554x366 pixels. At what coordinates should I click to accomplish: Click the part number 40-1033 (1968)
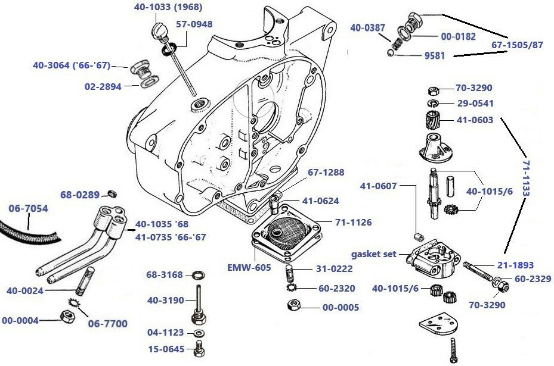pos(167,8)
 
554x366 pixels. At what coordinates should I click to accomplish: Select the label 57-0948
pos(194,24)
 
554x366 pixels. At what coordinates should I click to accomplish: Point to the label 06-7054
pos(28,208)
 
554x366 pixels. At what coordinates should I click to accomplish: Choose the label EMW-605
pos(250,268)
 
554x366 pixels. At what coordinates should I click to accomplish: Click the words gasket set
pos(374,254)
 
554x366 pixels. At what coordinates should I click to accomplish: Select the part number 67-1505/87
pos(517,45)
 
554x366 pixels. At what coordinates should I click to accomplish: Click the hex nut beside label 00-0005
pos(293,307)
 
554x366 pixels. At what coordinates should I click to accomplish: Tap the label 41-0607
pos(378,186)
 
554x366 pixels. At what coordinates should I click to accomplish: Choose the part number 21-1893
pos(516,265)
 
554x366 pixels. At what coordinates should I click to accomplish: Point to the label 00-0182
pos(458,36)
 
